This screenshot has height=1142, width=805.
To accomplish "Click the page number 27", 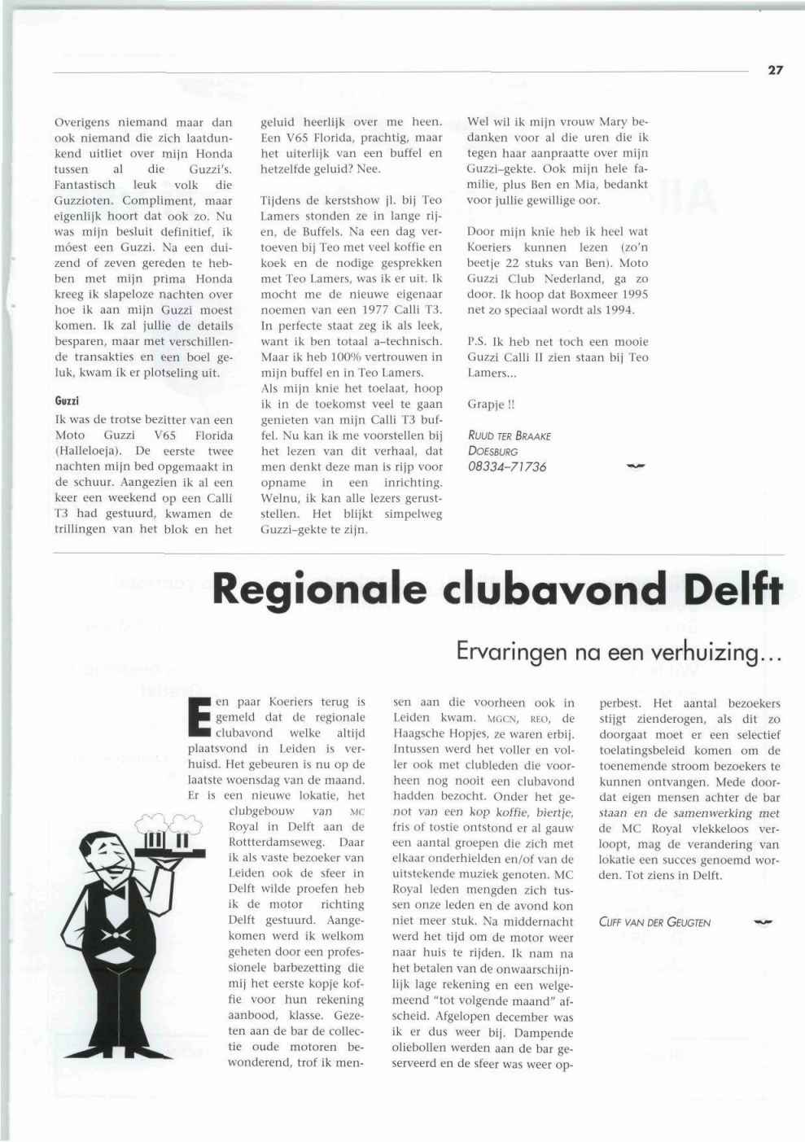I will point(774,71).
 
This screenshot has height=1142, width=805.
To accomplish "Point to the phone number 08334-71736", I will point(507,467).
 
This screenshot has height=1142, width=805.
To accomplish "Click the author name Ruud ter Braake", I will point(509,435).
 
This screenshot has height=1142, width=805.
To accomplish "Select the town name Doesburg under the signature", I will point(493,451).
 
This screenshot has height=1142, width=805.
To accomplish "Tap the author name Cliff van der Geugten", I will point(654,922).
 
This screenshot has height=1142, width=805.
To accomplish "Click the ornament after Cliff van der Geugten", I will point(763,921).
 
